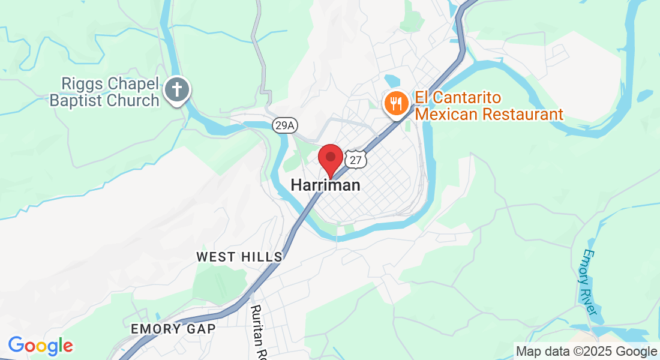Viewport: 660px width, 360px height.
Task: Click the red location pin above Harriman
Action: coord(330,158)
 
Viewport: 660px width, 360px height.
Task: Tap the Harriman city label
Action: coord(326,185)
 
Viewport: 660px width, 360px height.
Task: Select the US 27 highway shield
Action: coord(355,160)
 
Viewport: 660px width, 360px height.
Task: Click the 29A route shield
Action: coord(284,125)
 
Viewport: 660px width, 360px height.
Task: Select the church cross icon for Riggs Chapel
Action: coord(177,91)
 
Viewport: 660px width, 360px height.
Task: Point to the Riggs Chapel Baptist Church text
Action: coord(104,92)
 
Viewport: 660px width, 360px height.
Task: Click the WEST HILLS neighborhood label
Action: coord(239,257)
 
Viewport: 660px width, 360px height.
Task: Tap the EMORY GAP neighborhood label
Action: coord(173,329)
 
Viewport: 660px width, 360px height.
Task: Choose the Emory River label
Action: coord(589,282)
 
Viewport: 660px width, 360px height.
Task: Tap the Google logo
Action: coord(40,346)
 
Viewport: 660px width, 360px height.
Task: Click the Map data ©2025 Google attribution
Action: coord(586,352)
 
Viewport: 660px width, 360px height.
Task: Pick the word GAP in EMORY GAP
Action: coord(202,329)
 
